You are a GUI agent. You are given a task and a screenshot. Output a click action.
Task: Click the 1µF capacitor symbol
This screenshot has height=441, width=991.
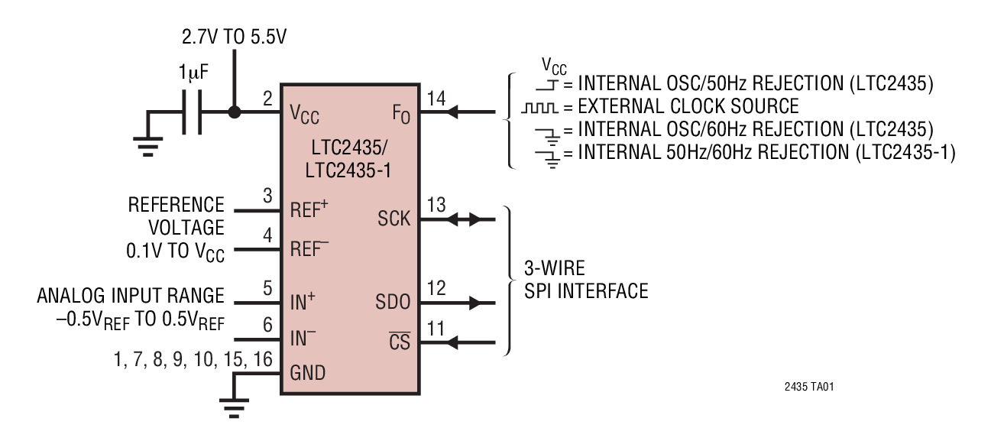(193, 112)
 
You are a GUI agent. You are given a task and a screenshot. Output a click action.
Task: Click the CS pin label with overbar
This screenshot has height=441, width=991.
(398, 342)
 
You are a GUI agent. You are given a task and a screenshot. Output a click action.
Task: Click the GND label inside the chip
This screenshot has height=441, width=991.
(307, 373)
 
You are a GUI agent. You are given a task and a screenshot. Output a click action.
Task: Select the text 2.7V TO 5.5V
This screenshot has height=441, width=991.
(234, 37)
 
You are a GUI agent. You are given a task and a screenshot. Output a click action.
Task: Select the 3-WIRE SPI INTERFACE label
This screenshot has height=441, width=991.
(586, 281)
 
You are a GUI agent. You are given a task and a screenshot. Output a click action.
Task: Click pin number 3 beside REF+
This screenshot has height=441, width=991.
(267, 197)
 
